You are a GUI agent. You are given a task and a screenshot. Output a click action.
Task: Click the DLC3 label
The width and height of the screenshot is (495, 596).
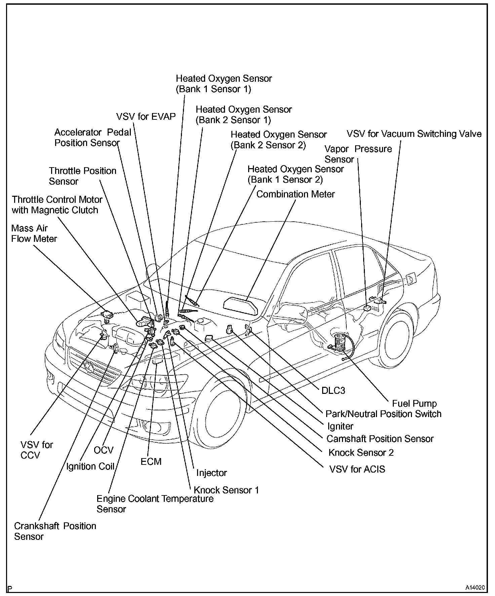pos(333,390)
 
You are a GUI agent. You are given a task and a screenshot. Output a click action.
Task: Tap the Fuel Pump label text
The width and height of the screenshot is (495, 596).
pos(414,403)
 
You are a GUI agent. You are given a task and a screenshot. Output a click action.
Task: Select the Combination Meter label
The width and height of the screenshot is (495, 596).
pos(296,194)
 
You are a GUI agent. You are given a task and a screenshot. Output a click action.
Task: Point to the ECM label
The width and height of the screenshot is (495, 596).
pos(151,461)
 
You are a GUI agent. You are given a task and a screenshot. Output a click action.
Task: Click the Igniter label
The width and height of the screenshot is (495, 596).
pos(340,426)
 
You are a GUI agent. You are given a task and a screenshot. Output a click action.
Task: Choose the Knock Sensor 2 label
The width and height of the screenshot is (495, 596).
pos(361,453)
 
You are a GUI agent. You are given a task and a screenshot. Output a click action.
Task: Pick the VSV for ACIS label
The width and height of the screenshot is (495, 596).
pos(357,469)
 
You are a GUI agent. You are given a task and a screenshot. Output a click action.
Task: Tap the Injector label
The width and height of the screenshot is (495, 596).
pos(212,473)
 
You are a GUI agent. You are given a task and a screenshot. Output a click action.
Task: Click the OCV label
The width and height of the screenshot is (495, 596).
pos(104,450)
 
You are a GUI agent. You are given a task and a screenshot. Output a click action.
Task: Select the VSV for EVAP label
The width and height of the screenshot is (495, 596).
pos(146,117)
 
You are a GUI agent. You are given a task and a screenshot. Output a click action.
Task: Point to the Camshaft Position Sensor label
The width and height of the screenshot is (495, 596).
pos(380,439)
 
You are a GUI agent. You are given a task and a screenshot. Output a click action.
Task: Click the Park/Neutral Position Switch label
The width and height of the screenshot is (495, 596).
pos(383,414)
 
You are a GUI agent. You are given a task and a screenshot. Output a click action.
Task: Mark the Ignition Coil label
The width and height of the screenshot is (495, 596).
pos(90,467)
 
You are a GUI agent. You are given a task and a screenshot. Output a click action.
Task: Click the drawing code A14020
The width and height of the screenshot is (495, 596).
pos(475,588)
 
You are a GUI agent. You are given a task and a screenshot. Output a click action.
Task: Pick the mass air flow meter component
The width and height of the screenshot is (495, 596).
pos(108,315)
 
